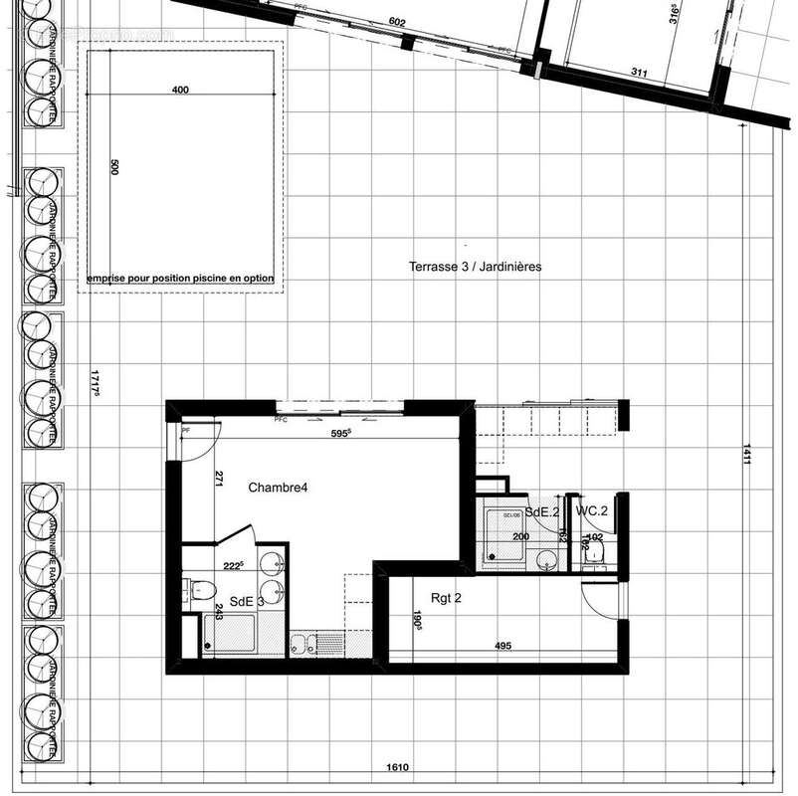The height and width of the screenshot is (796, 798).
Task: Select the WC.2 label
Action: [591, 511]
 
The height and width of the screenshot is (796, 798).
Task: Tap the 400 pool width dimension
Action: [179, 91]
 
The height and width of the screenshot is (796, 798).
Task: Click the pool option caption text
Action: [179, 279]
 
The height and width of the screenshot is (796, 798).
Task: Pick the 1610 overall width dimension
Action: [398, 768]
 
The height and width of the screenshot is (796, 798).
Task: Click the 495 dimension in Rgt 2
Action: [502, 646]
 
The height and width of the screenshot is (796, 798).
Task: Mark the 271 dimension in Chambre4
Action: [218, 479]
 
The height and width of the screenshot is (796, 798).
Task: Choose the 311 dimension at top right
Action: [640, 73]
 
